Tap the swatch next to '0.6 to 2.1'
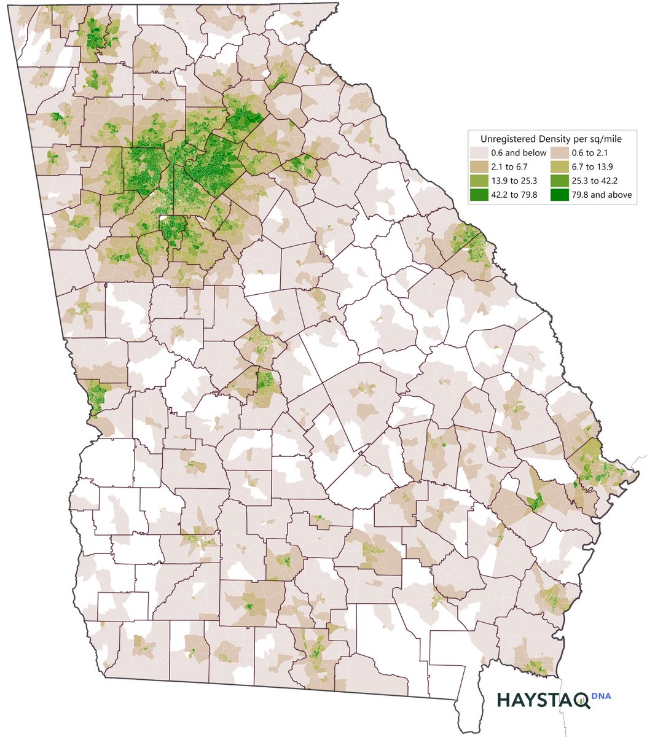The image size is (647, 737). (560, 152)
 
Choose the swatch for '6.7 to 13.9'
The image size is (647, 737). (560, 166)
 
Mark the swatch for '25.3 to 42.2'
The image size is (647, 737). (560, 181)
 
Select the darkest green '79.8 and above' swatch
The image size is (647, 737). (560, 195)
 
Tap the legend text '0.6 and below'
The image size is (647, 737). (519, 152)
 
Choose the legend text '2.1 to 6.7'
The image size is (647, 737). (511, 166)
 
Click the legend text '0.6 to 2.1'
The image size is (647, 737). (594, 152)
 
